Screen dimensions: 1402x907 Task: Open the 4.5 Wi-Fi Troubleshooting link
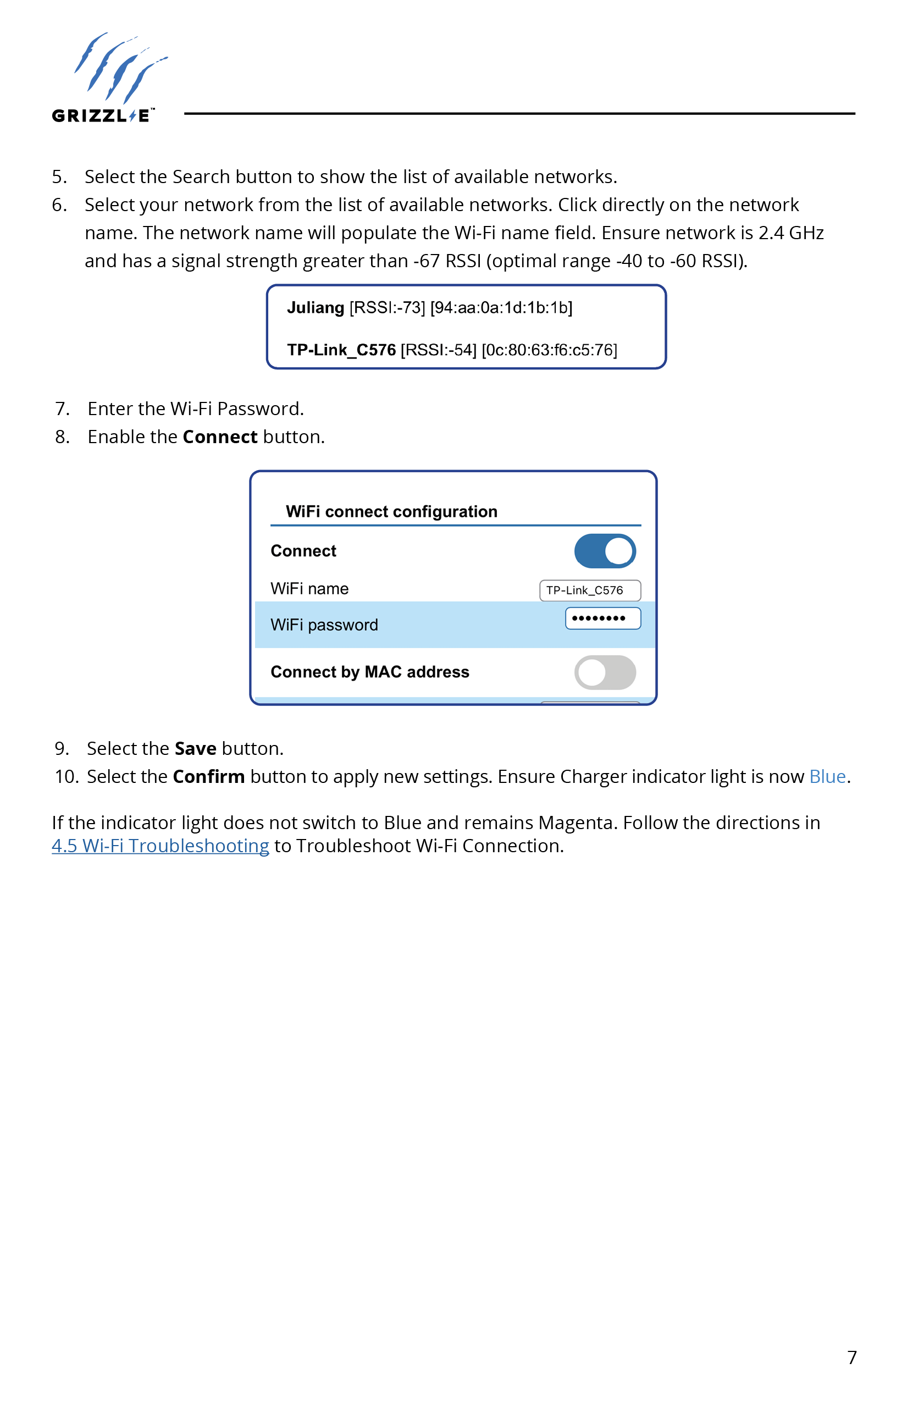pyautogui.click(x=160, y=846)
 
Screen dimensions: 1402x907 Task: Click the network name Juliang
pyautogui.click(x=315, y=307)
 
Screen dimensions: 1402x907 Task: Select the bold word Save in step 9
pyautogui.click(x=196, y=749)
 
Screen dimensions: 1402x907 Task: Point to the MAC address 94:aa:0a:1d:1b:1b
pyautogui.click(x=501, y=307)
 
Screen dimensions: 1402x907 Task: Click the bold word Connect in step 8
pyautogui.click(x=220, y=437)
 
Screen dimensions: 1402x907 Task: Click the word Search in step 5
pyautogui.click(x=201, y=176)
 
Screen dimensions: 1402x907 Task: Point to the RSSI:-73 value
pyautogui.click(x=387, y=307)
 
